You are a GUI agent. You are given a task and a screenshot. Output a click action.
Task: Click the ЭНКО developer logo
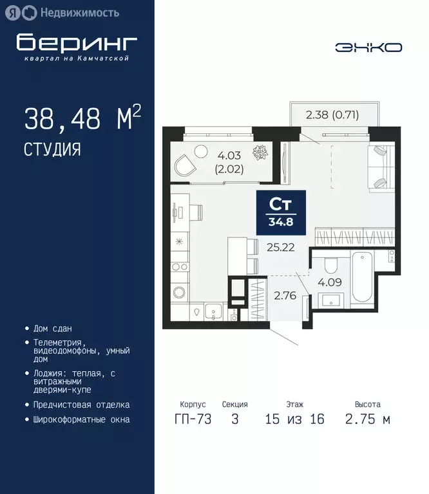click(368, 47)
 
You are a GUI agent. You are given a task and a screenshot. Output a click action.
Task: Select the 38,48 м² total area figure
click(82, 119)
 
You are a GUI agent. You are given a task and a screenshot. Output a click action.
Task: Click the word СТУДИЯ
click(52, 150)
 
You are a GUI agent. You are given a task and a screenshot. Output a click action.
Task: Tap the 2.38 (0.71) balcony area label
click(332, 116)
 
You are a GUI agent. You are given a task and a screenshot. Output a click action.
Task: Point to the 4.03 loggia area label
click(229, 154)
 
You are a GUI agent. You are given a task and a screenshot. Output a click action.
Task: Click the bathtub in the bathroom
click(363, 279)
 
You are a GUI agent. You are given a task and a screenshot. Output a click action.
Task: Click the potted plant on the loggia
click(260, 153)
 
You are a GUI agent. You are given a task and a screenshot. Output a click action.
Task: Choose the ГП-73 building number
click(192, 419)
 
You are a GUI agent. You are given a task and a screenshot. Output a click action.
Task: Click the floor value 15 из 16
click(294, 419)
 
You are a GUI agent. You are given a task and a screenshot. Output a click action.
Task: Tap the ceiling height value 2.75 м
click(367, 419)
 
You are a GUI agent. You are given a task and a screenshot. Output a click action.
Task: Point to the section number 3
click(234, 419)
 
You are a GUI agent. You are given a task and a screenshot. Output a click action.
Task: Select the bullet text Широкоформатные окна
click(82, 419)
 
